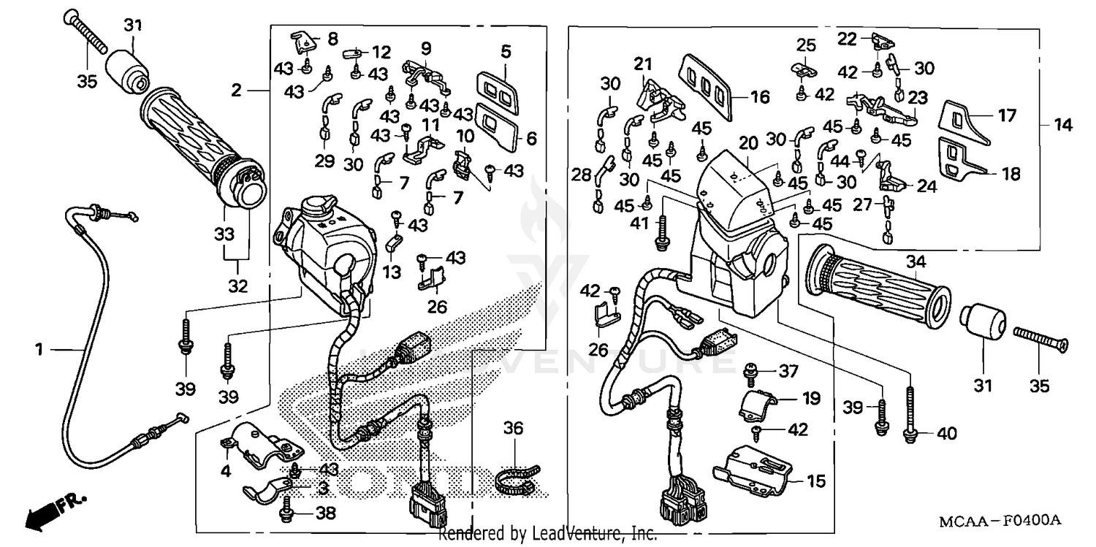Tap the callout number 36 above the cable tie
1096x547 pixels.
[514, 428]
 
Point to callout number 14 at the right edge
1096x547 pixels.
[1062, 126]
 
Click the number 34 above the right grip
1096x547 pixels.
[915, 261]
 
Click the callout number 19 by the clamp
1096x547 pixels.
[811, 399]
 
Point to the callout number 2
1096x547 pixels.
[236, 91]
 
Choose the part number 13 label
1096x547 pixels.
[392, 272]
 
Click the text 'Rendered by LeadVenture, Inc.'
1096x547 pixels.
[547, 535]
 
